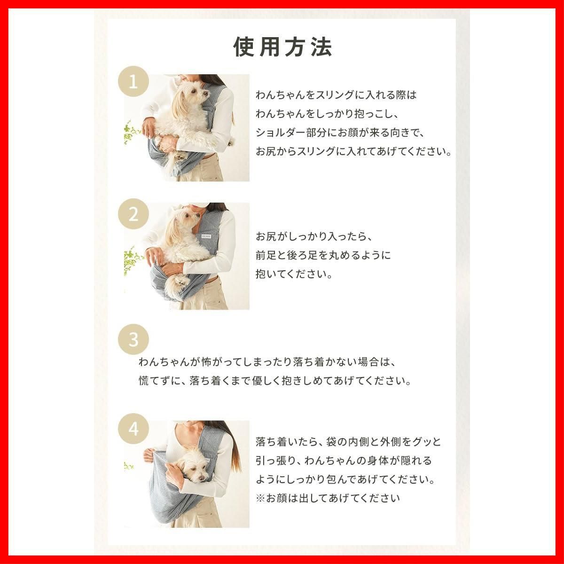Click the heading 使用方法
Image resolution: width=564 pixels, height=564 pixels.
282,47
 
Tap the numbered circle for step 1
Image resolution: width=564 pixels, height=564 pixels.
133,82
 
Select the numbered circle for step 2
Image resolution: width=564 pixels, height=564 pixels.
133,214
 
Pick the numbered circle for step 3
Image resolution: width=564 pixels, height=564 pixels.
133,339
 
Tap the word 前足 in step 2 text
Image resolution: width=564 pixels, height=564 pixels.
266,255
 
